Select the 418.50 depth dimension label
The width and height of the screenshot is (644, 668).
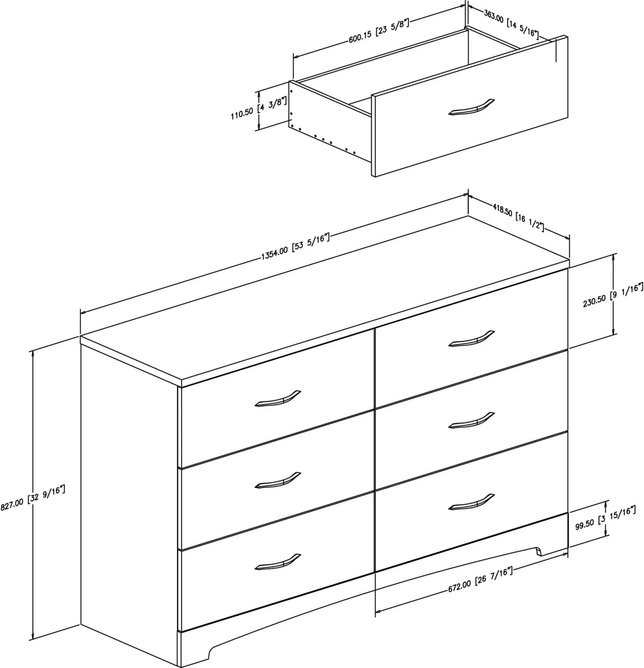[519, 216]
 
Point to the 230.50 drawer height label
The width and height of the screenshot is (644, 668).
[613, 296]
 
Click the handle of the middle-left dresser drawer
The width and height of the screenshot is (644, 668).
[277, 480]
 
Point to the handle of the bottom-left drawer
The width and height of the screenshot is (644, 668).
[277, 562]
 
